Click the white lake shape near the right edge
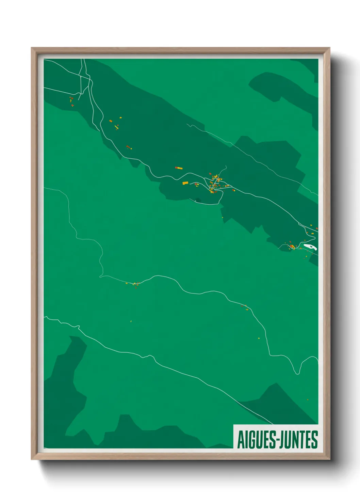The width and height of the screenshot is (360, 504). click(x=310, y=247)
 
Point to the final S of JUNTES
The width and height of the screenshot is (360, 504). click(x=314, y=440)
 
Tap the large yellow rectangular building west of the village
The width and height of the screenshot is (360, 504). click(x=185, y=183)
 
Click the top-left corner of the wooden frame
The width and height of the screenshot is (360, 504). click(x=32, y=48)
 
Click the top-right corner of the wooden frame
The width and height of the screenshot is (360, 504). click(x=329, y=48)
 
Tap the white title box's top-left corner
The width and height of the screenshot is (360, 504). click(x=233, y=425)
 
